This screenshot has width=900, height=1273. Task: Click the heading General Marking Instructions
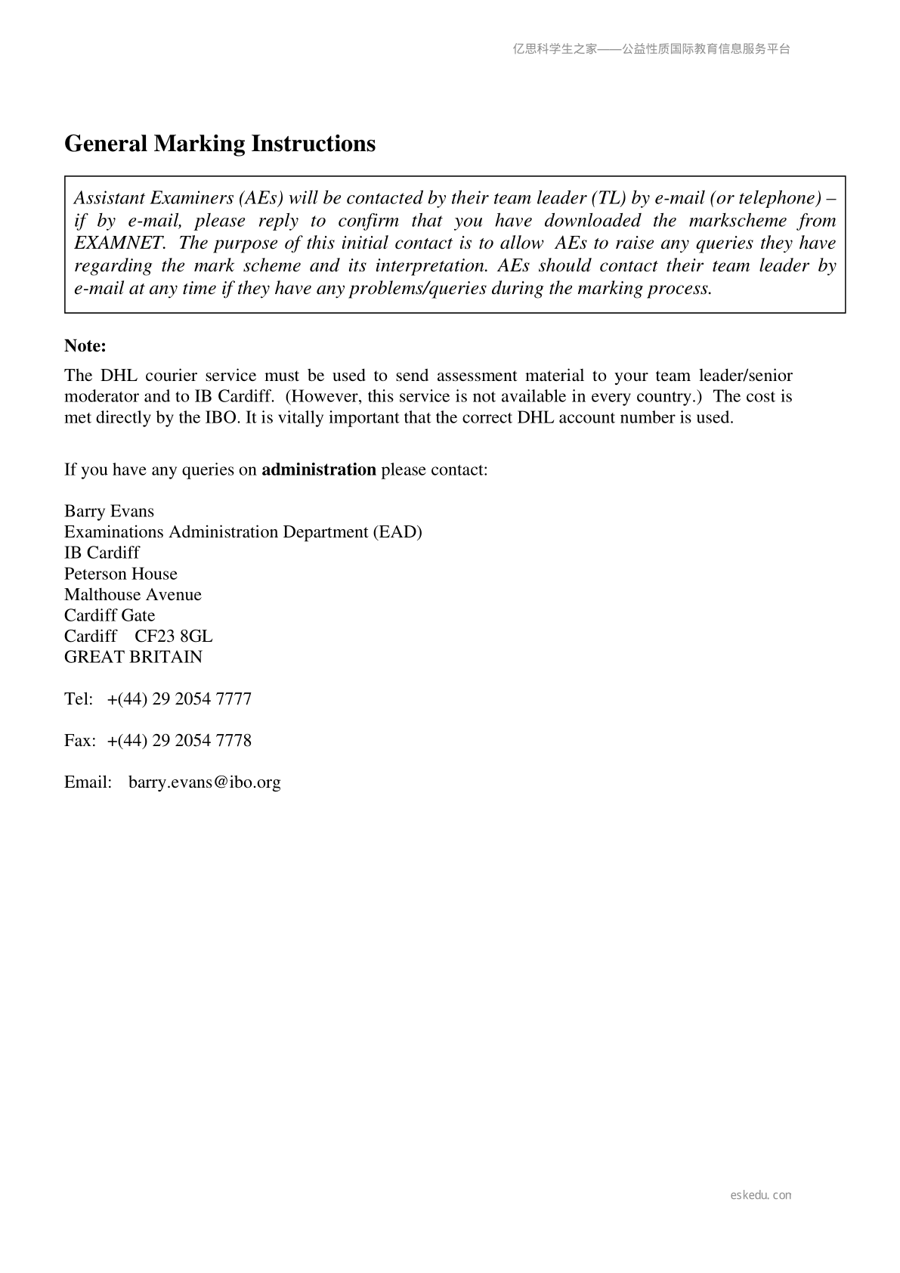tap(219, 144)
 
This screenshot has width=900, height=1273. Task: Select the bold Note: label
tap(85, 346)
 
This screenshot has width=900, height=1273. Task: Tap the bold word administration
tap(318, 469)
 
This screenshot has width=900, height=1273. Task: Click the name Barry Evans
tap(109, 511)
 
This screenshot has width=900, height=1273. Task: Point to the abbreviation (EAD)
tap(397, 532)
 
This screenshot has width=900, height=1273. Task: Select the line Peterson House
tap(120, 574)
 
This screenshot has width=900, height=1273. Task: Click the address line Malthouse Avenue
tap(132, 595)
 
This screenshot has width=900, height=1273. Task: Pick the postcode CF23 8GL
tap(174, 636)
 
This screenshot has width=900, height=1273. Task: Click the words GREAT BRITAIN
tap(133, 657)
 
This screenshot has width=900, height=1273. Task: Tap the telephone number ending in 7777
tap(179, 699)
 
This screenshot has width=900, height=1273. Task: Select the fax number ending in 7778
tap(179, 741)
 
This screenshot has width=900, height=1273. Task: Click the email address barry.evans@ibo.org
tap(204, 782)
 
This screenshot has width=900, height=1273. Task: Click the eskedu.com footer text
tap(760, 1195)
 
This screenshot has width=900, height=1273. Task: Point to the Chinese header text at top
tap(651, 49)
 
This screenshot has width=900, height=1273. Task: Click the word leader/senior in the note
tap(745, 376)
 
